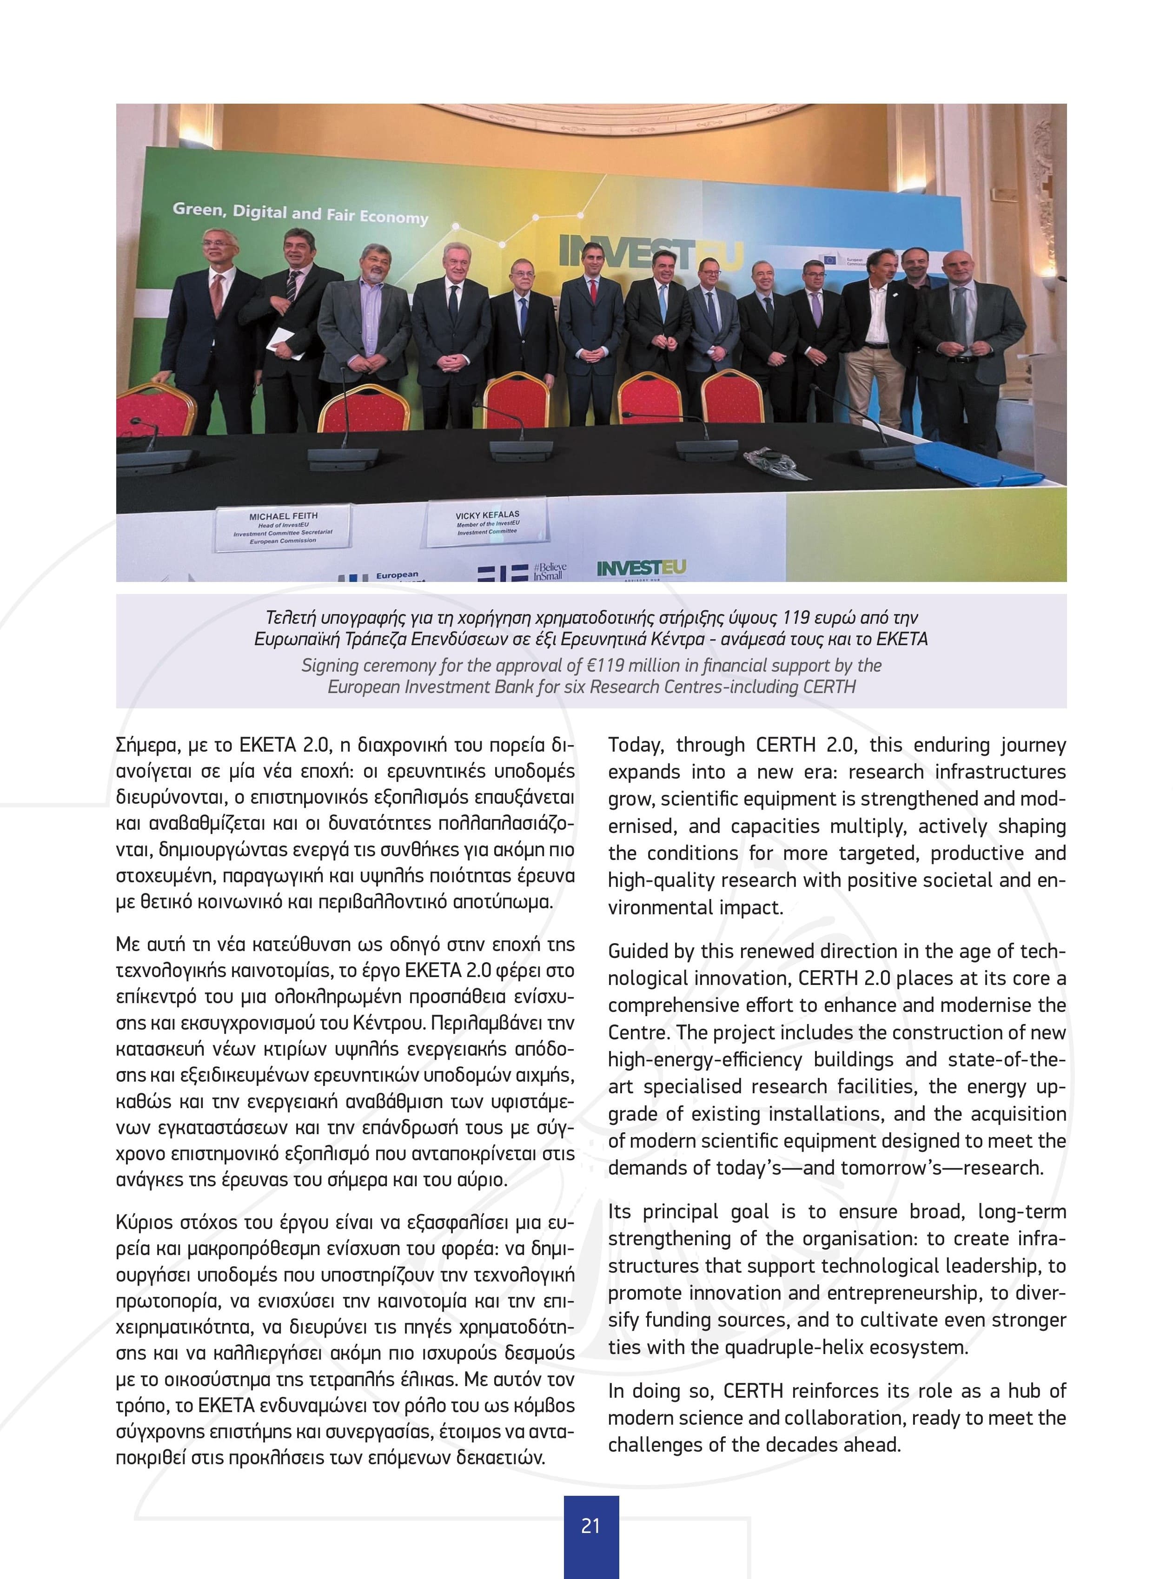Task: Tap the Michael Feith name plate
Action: pos(283,528)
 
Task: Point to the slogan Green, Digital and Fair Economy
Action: pos(300,214)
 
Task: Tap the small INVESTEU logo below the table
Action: pos(641,568)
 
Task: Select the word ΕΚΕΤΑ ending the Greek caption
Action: pos(902,639)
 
